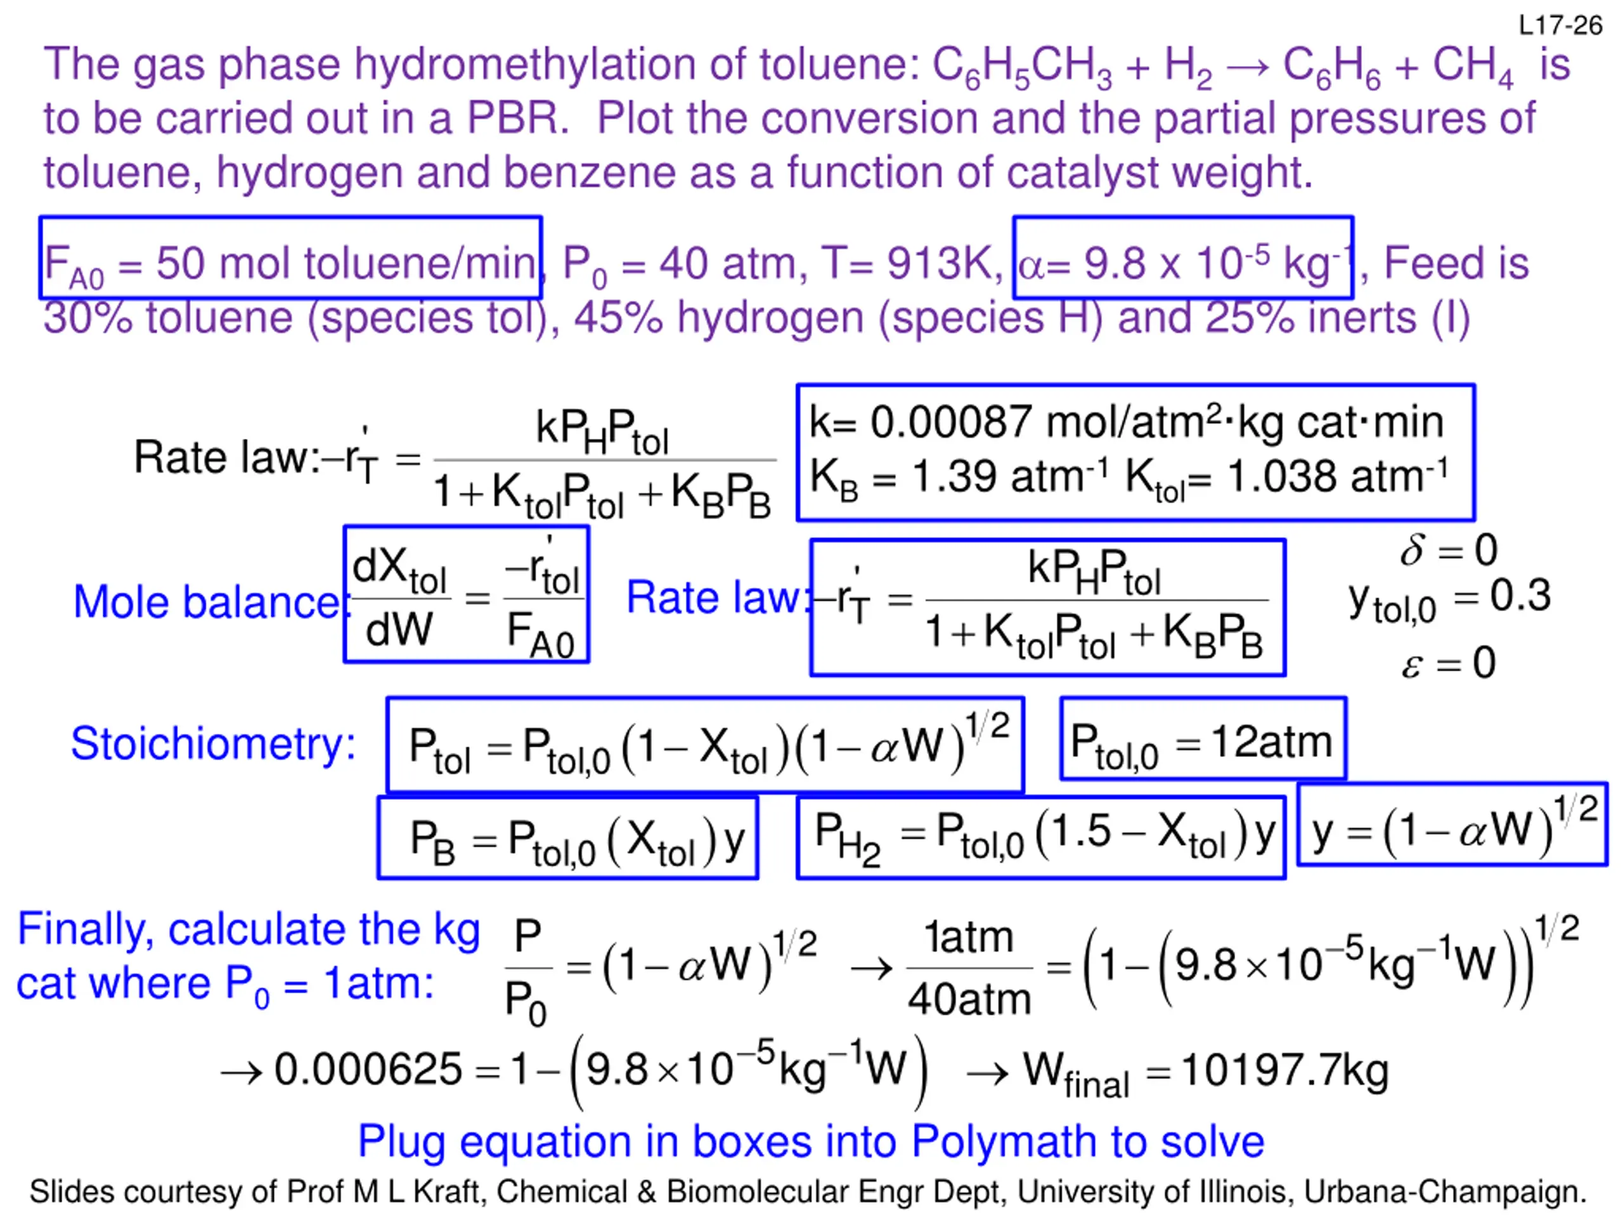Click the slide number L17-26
1560,27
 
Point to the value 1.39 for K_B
947,476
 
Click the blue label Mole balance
206,603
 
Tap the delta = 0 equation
1447,550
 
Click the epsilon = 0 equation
1447,663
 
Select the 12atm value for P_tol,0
1271,742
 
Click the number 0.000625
368,1069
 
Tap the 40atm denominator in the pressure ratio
969,999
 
